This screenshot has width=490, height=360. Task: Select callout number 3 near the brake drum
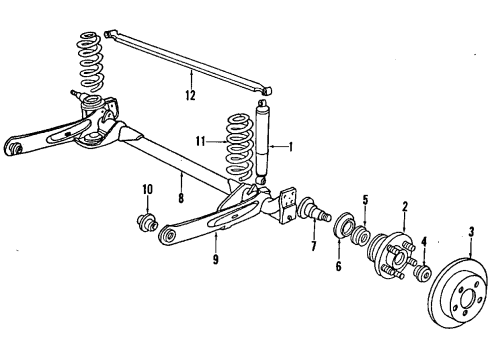[x=471, y=236]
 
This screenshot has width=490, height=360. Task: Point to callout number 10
[x=146, y=189]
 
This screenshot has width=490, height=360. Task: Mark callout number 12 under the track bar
[x=189, y=96]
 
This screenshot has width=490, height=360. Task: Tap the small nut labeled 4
[x=422, y=272]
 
